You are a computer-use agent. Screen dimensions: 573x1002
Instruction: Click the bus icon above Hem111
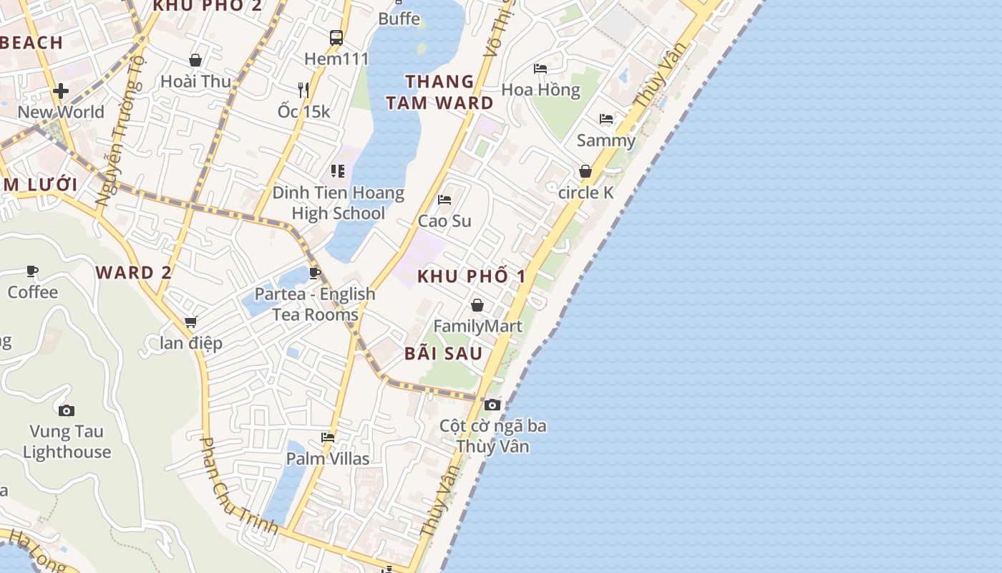(x=336, y=38)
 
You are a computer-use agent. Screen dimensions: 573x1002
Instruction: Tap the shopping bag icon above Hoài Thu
(x=195, y=60)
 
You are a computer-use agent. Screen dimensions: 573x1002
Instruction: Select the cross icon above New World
(x=61, y=91)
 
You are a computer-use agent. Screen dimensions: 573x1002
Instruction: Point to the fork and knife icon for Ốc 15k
(x=303, y=90)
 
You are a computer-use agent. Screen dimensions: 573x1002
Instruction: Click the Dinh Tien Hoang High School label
(x=338, y=203)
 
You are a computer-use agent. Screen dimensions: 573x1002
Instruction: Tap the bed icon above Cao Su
(x=444, y=200)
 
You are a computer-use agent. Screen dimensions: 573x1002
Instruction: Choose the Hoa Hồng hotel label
(x=540, y=90)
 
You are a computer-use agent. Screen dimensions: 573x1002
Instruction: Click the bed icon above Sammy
(x=606, y=119)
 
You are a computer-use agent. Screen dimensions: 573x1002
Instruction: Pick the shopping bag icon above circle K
(x=585, y=172)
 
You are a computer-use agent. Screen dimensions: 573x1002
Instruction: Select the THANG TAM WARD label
(x=439, y=92)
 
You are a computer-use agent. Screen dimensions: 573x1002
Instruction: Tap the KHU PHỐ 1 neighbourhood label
(x=472, y=276)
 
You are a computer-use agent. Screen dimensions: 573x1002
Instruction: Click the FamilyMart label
(x=478, y=327)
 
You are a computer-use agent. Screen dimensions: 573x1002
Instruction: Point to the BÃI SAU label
(x=443, y=353)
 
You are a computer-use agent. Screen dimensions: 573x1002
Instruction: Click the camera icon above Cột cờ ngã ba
(x=492, y=405)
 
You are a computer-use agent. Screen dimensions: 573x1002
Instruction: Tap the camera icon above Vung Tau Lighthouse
(x=67, y=410)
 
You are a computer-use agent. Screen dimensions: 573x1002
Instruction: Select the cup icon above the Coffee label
(x=32, y=271)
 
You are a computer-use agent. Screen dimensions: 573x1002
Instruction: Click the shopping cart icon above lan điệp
(x=190, y=322)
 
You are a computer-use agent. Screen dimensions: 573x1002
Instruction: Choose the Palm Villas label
(x=328, y=458)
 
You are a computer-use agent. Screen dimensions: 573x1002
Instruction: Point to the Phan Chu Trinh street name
(x=238, y=486)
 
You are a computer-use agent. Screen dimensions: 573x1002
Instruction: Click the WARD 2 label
(x=134, y=273)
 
